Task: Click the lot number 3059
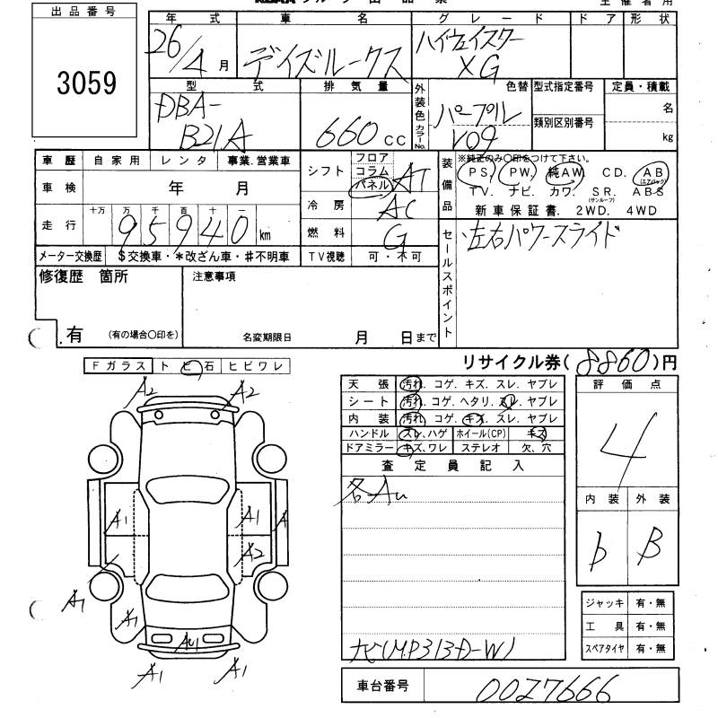tap(87, 83)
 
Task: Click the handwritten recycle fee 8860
tap(612, 362)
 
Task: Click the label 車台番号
tap(380, 687)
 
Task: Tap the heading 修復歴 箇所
tap(83, 276)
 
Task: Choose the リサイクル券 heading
tap(513, 362)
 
